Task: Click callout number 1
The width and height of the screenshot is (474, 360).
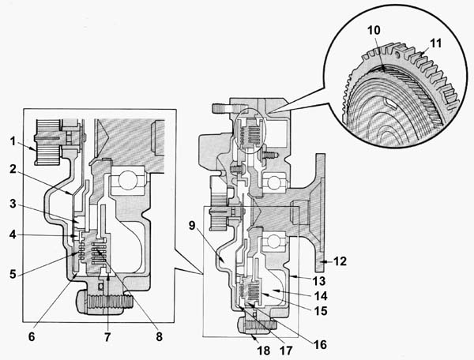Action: [13, 141]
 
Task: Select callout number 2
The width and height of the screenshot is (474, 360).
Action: [13, 169]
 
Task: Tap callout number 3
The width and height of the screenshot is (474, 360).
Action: [13, 204]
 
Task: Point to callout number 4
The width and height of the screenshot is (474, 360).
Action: [13, 234]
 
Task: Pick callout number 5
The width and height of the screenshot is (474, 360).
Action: [13, 274]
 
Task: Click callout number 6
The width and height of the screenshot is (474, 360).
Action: [32, 337]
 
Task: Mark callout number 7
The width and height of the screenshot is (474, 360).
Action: [107, 337]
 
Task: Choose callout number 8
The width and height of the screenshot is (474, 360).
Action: [160, 337]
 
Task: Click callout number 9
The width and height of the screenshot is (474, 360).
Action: [192, 225]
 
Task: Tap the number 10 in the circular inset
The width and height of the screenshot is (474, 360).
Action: [374, 30]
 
